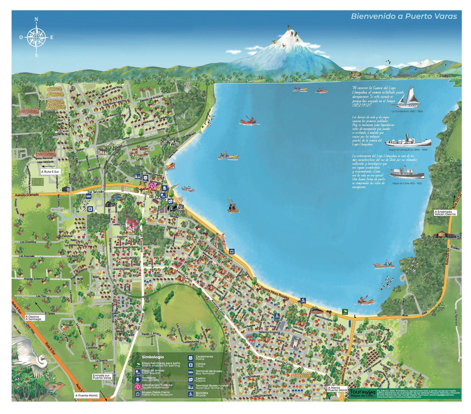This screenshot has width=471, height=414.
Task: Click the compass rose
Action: tap(36, 37)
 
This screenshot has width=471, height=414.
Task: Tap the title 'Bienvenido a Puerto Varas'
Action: tap(403, 17)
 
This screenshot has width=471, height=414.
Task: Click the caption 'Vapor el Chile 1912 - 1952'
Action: tap(407, 183)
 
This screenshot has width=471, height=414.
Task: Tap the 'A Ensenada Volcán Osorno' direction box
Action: tap(445, 213)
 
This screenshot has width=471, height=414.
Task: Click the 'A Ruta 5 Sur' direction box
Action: tap(52, 171)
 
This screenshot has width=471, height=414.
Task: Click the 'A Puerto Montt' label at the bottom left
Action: tap(87, 395)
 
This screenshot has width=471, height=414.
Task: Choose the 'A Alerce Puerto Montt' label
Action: tap(337, 389)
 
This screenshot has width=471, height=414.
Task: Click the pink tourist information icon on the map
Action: tap(151, 186)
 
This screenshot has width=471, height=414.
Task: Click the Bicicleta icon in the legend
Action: tap(191, 393)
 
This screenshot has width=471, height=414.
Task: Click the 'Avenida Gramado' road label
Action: tap(27, 194)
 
